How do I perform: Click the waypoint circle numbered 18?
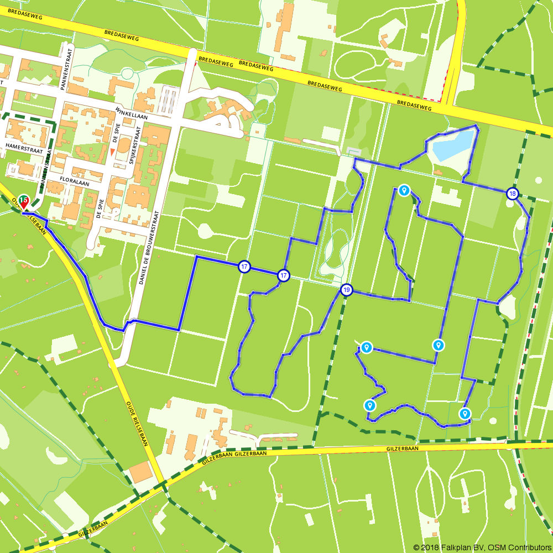[513, 193]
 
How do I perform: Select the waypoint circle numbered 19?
[346, 289]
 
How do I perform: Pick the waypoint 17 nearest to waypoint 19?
[283, 275]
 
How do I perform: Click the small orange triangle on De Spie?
[113, 152]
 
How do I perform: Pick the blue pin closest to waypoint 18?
[404, 191]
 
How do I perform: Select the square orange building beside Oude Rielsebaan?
[142, 472]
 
